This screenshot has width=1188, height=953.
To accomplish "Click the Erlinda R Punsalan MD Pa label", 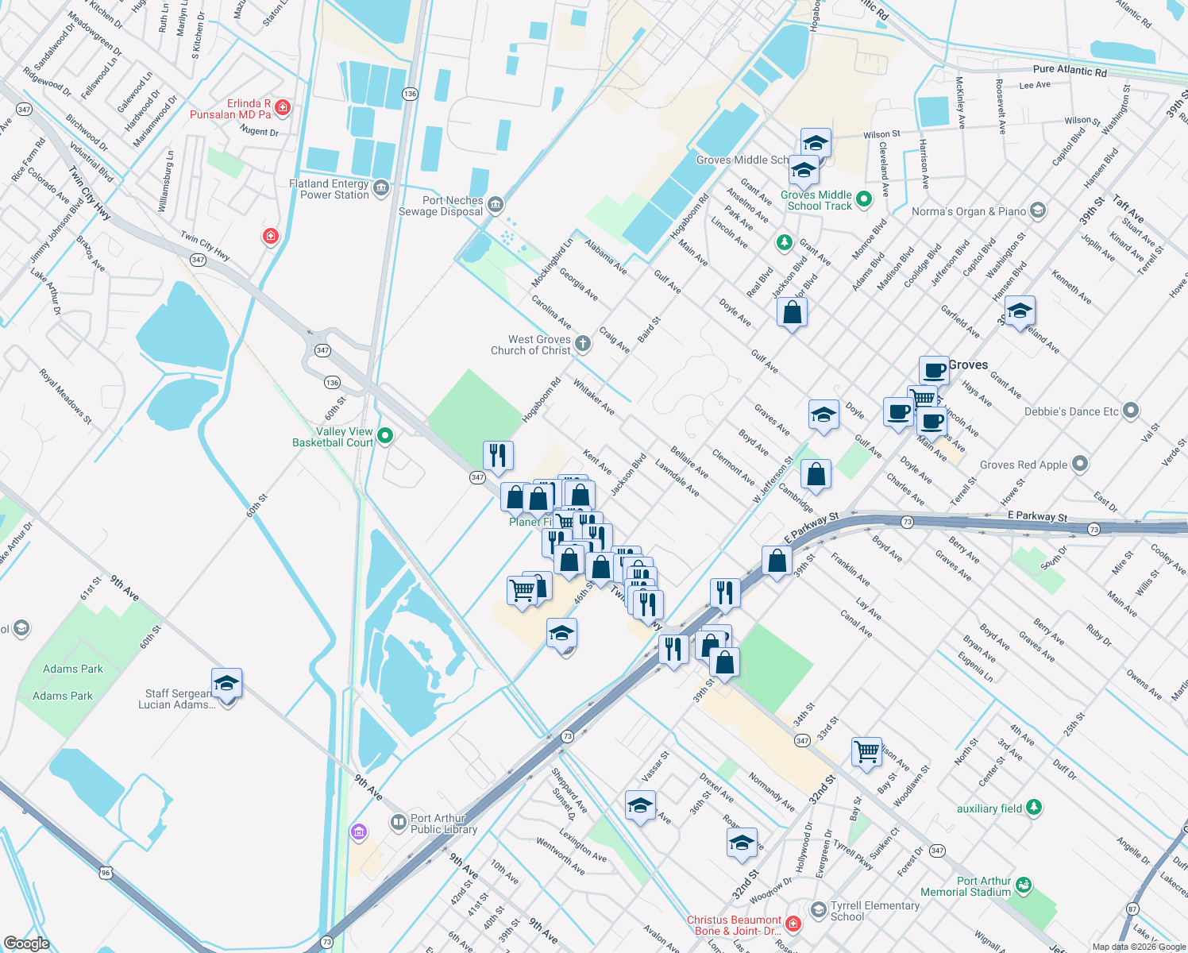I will click(230, 109).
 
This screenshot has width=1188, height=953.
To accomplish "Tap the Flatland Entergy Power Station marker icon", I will click(381, 188).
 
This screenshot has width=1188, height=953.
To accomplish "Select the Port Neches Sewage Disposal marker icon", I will click(496, 205).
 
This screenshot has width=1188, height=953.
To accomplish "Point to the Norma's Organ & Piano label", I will click(969, 211).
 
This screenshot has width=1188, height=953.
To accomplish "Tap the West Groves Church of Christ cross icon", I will click(583, 343).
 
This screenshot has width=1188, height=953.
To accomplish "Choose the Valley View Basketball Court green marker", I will click(385, 435).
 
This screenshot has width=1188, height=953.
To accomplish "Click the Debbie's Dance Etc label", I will click(1071, 411).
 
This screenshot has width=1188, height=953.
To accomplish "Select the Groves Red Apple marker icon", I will click(1079, 464).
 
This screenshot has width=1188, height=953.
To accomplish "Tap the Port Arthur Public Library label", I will click(443, 824).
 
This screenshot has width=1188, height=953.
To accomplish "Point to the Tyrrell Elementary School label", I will click(874, 911).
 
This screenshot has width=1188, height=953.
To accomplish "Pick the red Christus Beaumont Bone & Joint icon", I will click(793, 924).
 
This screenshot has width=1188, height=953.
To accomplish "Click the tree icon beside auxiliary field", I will click(1033, 808).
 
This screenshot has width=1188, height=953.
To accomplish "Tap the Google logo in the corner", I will click(26, 943).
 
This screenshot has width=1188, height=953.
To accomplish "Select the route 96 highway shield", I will click(106, 873).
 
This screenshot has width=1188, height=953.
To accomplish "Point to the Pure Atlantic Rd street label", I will click(1069, 71).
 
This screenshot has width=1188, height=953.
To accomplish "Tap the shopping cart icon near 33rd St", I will click(866, 750).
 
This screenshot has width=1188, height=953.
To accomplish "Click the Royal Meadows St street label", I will click(66, 395).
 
